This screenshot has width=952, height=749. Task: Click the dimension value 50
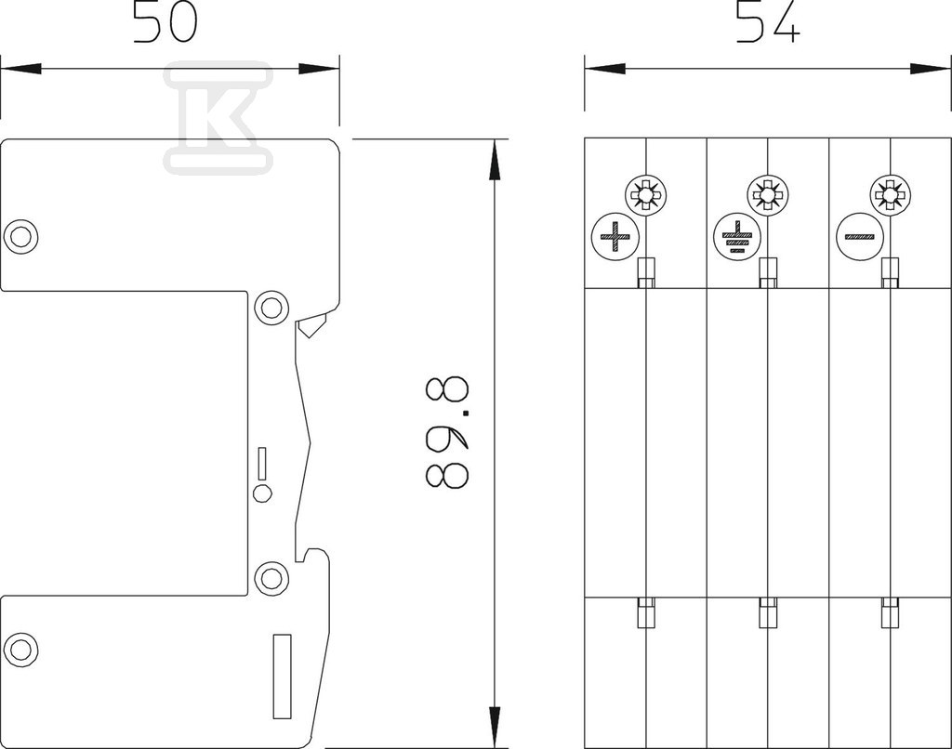[165, 22]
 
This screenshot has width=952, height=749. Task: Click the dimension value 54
[768, 22]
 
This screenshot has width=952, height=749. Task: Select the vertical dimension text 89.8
[447, 433]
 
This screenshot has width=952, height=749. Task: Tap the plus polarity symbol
[615, 236]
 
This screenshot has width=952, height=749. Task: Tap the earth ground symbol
[737, 236]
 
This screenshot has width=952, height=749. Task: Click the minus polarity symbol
[860, 236]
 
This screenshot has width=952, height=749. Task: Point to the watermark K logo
[218, 117]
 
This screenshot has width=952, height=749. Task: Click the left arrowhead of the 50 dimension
[20, 69]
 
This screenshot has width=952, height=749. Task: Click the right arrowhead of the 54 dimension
[930, 69]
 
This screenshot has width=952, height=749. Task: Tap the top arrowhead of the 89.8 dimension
[496, 159]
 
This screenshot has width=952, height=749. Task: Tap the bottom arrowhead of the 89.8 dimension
[496, 727]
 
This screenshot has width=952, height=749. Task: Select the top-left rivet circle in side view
[20, 235]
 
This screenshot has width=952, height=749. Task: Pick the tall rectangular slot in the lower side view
[283, 677]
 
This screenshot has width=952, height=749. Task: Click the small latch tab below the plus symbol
[645, 272]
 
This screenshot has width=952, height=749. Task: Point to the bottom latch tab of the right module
[890, 612]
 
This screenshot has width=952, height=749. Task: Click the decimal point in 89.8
[466, 414]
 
